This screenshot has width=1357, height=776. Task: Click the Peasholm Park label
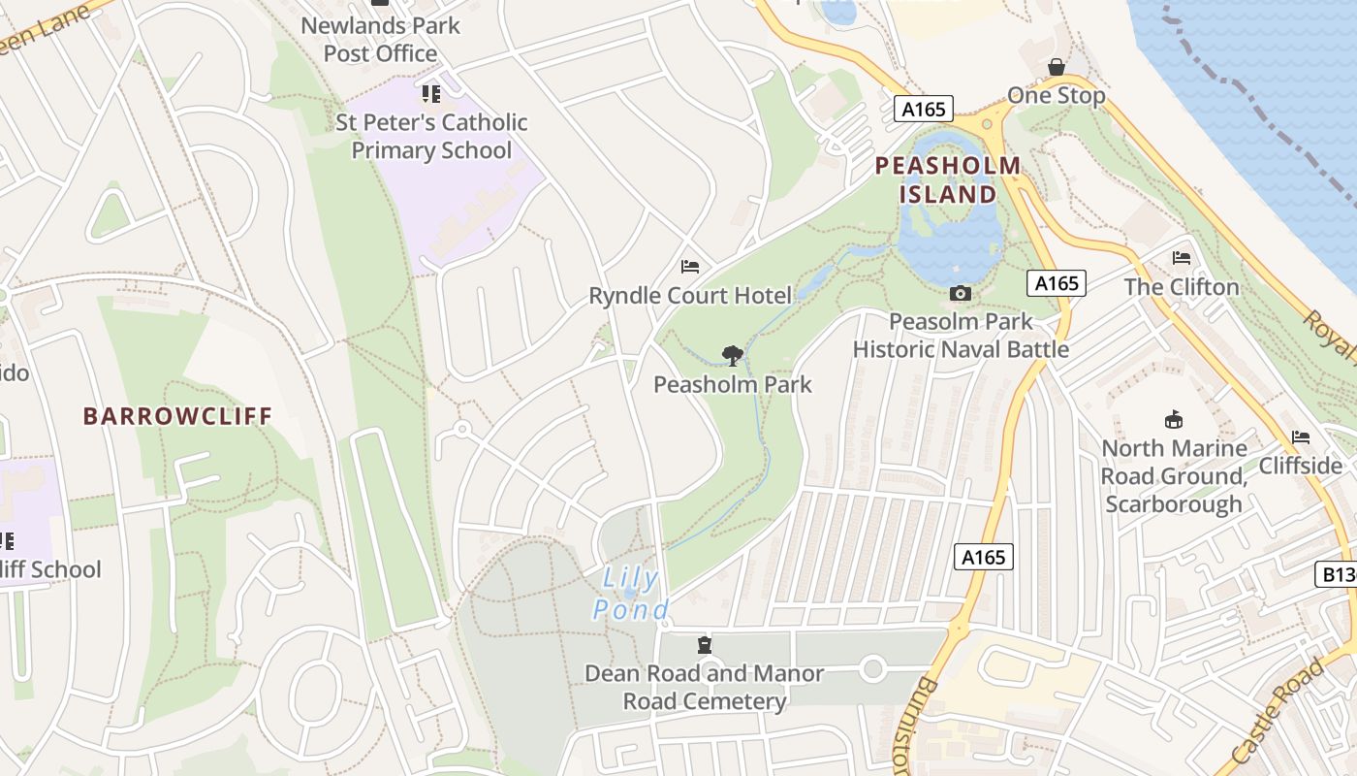point(732,384)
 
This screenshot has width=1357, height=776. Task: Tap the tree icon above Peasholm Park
point(732,356)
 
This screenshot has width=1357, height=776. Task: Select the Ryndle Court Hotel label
point(690,295)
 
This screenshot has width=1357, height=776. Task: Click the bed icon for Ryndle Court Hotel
point(690,266)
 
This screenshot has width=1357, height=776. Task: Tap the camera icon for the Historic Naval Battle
point(960,293)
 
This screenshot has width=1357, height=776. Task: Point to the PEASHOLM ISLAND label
point(947,179)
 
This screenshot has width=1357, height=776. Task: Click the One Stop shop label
point(1056,95)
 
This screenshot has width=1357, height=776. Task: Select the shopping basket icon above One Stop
point(1056,67)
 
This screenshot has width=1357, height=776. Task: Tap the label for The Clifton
point(1181,287)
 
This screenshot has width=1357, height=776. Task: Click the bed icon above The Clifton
point(1181,258)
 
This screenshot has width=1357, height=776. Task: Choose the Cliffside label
point(1300,466)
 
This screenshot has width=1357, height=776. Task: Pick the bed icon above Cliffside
point(1300,437)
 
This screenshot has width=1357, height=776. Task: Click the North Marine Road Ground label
point(1173,475)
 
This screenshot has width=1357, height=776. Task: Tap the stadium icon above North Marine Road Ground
point(1173,419)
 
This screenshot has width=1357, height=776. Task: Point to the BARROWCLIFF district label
point(177,416)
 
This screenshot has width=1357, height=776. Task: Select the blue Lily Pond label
point(630,594)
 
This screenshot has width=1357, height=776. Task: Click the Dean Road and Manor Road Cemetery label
point(704,687)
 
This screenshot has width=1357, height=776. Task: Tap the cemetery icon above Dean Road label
point(704,645)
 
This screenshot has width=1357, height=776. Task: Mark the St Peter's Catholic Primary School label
point(431,136)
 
